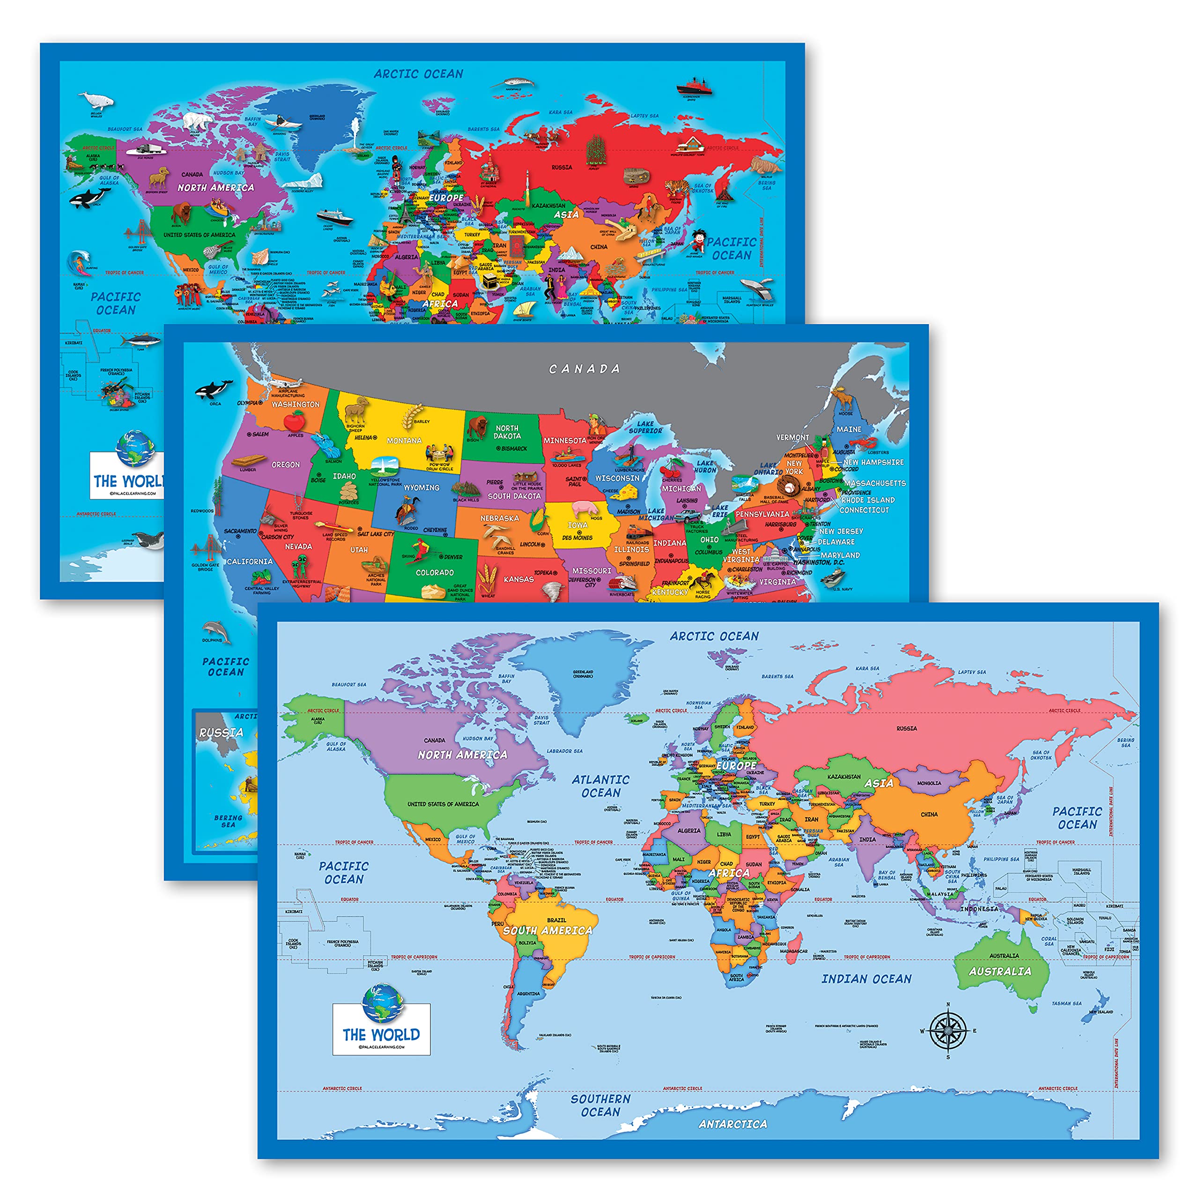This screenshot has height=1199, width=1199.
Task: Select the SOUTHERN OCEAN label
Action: pos(600,1105)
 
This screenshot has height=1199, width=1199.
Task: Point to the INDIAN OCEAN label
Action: pos(866,979)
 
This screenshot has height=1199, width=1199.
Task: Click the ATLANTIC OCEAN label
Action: pos(600,786)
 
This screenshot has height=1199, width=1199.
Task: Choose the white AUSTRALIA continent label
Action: pos(1000,971)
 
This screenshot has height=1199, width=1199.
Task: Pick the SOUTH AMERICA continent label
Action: pos(548,930)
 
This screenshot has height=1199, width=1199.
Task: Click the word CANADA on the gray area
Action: pos(585,369)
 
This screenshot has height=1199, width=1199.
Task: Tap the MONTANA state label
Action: pos(404,441)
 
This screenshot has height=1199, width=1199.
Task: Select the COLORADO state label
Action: pos(435,572)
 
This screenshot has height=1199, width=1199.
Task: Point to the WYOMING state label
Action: pos(422,488)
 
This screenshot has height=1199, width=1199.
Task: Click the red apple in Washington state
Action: pos(294,422)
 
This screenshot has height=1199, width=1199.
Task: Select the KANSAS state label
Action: pos(519,579)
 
